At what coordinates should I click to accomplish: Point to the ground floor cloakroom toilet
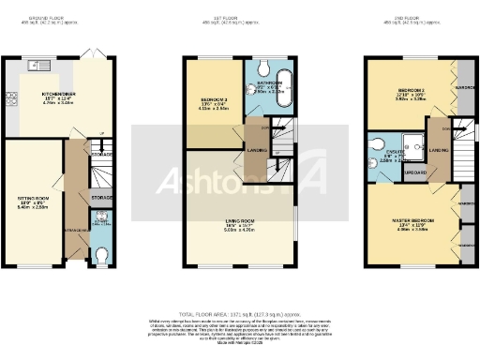pos(103,253)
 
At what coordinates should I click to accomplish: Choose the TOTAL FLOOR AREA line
pos(239,314)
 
